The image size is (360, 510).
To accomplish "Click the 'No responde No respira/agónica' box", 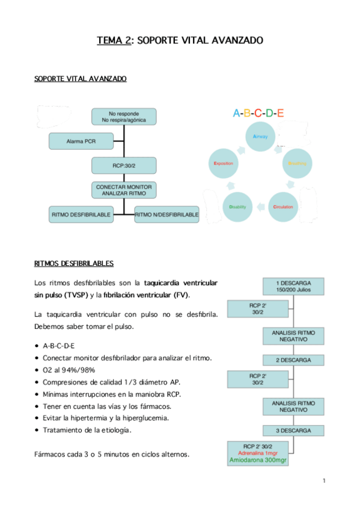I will tap(124, 117).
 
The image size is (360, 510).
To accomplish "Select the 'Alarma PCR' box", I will tap(80, 141).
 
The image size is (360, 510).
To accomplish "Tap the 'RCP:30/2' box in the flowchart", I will tap(124, 165).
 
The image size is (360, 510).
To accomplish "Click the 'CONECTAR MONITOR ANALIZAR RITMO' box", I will tap(124, 190).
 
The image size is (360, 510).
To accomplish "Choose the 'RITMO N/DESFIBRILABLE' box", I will tap(166, 214).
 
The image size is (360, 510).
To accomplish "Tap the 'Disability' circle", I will tap(237, 207).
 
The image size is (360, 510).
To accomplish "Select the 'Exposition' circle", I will tap(224, 163).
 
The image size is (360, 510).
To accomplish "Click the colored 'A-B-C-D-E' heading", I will tap(258, 112).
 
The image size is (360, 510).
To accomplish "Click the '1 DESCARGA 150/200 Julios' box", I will tap(293, 286).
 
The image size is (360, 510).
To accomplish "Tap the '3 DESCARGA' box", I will tap(293, 431).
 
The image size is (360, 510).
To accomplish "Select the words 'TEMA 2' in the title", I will tap(115, 41).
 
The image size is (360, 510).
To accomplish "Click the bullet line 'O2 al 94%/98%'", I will tap(69, 370).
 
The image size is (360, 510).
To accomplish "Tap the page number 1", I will tap(323, 480).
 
